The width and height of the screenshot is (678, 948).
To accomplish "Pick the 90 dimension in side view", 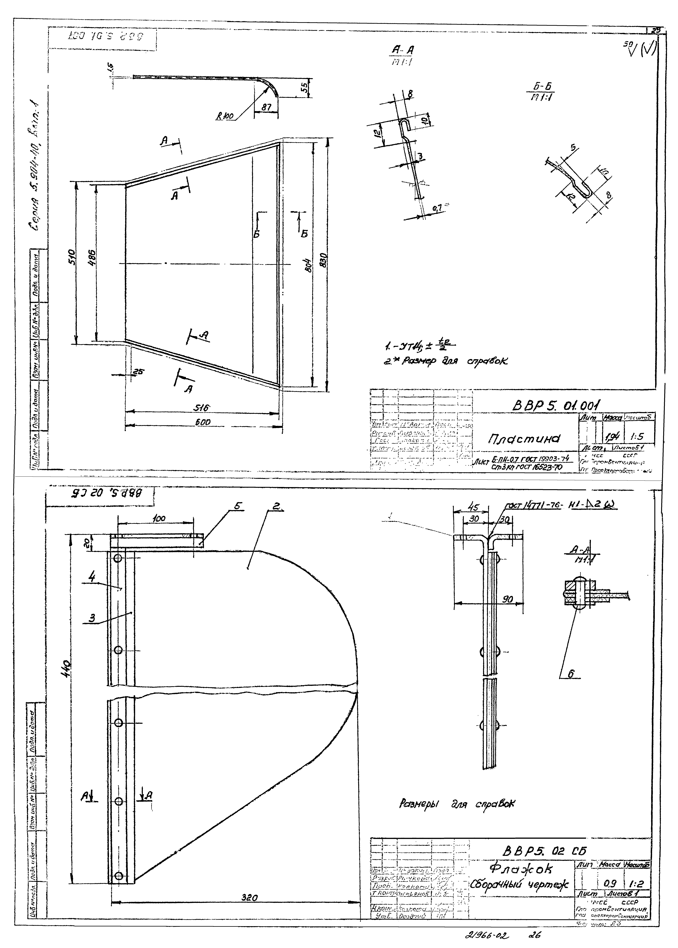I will click(507, 600).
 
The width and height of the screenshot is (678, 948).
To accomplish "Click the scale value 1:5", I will click(637, 437).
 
